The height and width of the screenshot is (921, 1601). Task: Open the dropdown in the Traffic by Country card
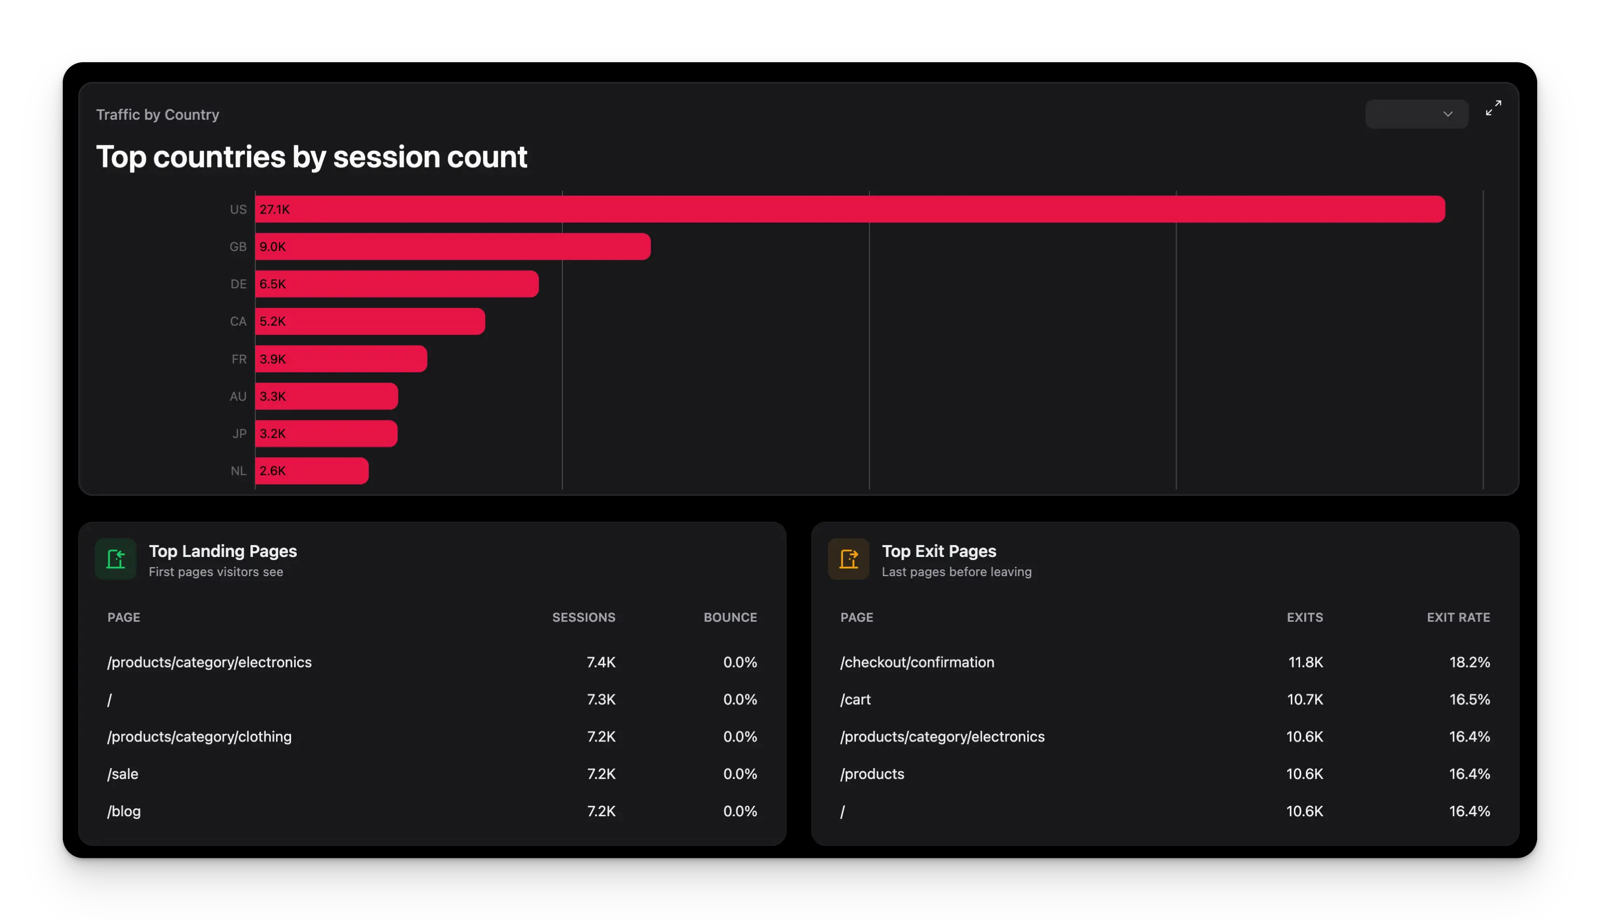click(x=1416, y=114)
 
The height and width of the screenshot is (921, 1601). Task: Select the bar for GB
click(x=452, y=247)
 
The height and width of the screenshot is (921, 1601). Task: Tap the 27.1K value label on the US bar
click(x=274, y=210)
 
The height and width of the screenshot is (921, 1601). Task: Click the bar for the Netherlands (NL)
click(x=311, y=471)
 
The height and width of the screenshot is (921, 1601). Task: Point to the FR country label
click(x=239, y=359)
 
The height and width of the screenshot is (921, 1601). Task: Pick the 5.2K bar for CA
click(x=369, y=322)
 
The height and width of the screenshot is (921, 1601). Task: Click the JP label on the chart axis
click(x=239, y=434)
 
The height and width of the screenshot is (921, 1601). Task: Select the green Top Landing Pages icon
click(x=116, y=559)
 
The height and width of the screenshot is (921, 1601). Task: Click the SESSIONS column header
click(x=584, y=618)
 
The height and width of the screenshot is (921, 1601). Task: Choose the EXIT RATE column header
click(x=1458, y=618)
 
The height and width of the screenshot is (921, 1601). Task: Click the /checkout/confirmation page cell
click(x=917, y=662)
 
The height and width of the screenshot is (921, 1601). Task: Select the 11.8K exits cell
click(x=1305, y=662)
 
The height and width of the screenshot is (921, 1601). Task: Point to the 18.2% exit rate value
click(x=1469, y=662)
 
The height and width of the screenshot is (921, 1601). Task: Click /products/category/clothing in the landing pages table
click(x=199, y=737)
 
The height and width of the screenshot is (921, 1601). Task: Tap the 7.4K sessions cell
click(x=601, y=662)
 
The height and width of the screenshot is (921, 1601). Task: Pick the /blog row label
click(x=124, y=812)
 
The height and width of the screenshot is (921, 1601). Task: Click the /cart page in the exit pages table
click(x=855, y=700)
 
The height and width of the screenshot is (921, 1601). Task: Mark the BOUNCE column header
click(x=730, y=618)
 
